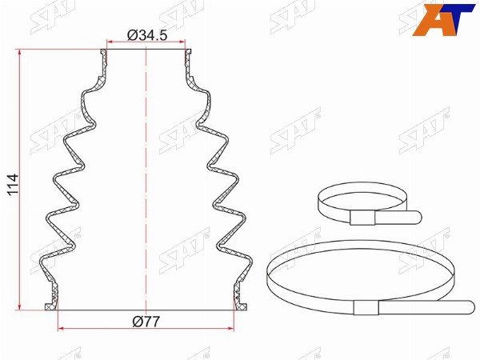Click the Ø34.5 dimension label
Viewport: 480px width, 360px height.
[x=147, y=35]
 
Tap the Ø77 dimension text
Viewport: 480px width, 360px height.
[x=146, y=322]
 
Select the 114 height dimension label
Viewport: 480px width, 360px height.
[x=13, y=185]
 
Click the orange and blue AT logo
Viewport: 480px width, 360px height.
[x=443, y=20]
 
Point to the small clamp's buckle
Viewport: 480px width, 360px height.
[x=362, y=218]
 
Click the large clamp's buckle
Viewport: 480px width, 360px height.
[x=366, y=307]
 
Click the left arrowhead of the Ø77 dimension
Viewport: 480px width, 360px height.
[x=61, y=329]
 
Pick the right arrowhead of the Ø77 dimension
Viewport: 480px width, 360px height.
[x=231, y=329]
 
